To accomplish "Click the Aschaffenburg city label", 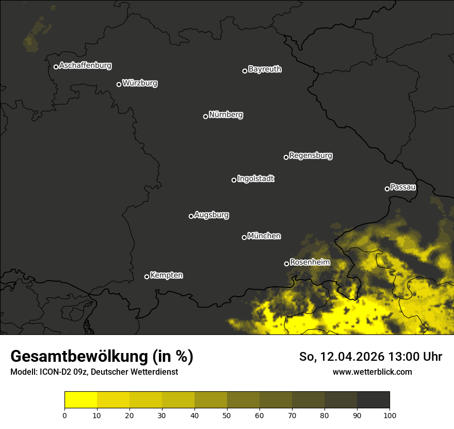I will pos(85,66).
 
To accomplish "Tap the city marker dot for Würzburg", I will pos(119,84).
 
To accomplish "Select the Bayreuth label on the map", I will pos(265,69).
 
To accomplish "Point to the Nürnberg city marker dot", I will pos(205,116).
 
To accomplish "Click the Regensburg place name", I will pos(311,155).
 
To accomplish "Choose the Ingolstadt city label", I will pos(256,179).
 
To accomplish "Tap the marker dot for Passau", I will pos(387,189).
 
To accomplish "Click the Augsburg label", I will pos(212,215).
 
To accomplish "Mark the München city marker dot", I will pos(244,237).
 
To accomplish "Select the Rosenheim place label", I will pos(310,263).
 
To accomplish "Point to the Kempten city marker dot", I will pos(147,277).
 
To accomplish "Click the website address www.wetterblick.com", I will pos(372,372).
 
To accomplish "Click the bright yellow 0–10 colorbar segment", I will pos(80,400).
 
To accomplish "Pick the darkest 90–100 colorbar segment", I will pos(373,400).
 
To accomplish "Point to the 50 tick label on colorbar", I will pos(227,415).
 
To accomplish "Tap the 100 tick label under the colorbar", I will pos(390,415).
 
